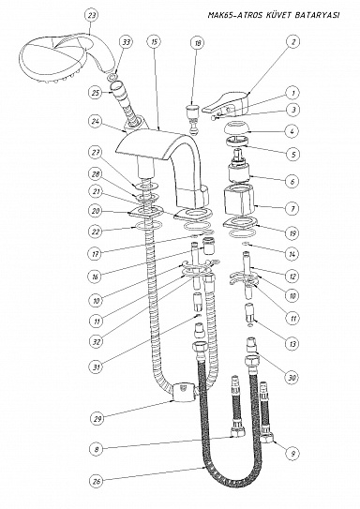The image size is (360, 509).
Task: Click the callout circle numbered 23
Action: click(x=92, y=15)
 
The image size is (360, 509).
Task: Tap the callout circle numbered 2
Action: click(x=293, y=41)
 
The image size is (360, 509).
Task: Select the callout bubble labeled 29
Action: click(x=97, y=419)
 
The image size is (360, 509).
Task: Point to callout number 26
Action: click(x=97, y=481)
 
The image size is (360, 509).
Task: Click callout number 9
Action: click(x=293, y=453)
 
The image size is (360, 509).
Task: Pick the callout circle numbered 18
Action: click(x=198, y=42)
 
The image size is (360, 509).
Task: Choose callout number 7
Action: click(x=292, y=208)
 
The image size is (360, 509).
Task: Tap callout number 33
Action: click(x=127, y=42)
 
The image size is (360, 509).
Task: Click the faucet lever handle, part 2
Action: click(x=226, y=102)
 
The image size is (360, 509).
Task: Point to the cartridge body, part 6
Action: click(x=240, y=172)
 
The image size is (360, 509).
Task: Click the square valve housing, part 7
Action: click(x=240, y=200)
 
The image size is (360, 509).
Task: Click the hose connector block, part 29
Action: click(x=183, y=392)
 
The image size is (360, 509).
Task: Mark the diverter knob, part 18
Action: click(x=192, y=118)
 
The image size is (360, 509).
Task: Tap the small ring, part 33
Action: click(x=112, y=78)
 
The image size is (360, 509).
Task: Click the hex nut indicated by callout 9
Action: click(x=267, y=439)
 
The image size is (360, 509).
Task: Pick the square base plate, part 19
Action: click(x=241, y=223)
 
